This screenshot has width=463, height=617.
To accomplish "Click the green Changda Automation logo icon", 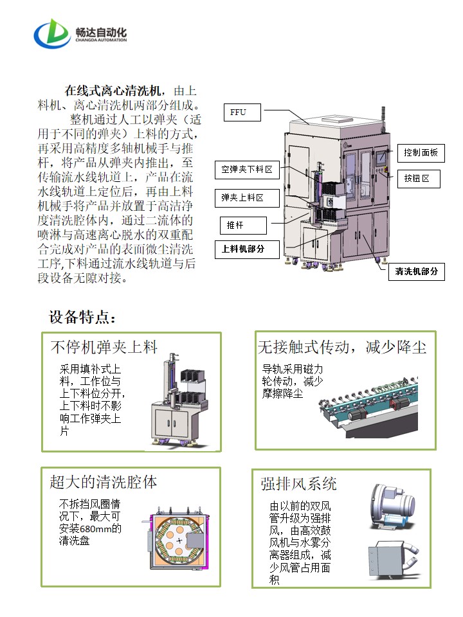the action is [x=52, y=34].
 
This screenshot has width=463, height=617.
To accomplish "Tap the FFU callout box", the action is [x=242, y=112].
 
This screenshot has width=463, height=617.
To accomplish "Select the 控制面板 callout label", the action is [x=421, y=153].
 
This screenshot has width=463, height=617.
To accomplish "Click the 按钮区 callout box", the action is [x=419, y=179].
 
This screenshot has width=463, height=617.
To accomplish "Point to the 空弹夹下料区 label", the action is [x=247, y=170].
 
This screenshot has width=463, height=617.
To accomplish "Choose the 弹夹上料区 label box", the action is [x=247, y=197].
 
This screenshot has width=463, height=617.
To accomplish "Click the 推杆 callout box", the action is [x=243, y=226].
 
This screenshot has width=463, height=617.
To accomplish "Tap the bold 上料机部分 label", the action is [x=247, y=249].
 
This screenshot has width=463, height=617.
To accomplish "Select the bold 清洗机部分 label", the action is [x=417, y=271].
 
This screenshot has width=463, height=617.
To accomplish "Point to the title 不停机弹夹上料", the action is [x=104, y=347].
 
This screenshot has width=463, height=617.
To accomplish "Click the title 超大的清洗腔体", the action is [x=104, y=482].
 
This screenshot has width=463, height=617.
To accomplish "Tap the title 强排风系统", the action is [x=298, y=484].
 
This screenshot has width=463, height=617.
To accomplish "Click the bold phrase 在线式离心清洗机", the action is [x=113, y=91].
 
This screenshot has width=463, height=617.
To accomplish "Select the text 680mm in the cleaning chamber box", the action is [x=96, y=528].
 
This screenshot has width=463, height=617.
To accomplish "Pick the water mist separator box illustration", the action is [x=394, y=560].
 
